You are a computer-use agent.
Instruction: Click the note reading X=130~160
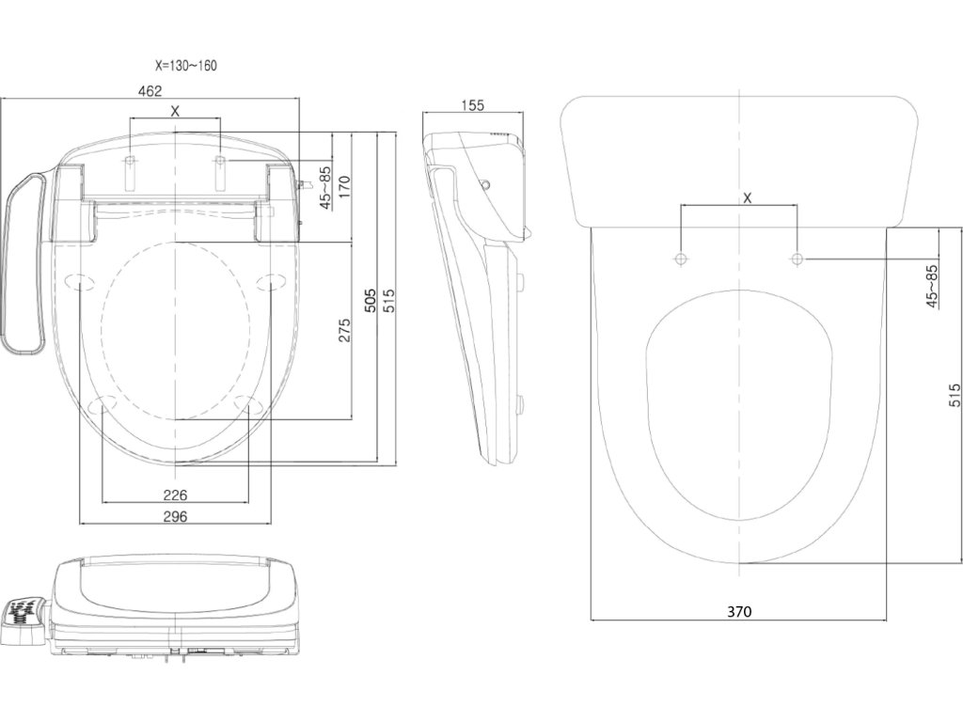pyautogui.click(x=187, y=66)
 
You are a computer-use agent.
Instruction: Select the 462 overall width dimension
pyautogui.click(x=150, y=91)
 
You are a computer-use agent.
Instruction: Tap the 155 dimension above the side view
pyautogui.click(x=473, y=105)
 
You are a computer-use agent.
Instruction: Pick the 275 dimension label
pyautogui.click(x=344, y=329)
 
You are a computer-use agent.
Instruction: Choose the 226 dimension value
pyautogui.click(x=175, y=494)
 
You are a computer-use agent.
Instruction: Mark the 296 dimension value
pyautogui.click(x=175, y=516)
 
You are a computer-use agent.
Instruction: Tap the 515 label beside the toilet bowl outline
pyautogui.click(x=954, y=395)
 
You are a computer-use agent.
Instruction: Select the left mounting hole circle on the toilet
pyautogui.click(x=680, y=258)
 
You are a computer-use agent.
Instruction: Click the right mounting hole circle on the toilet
pyautogui.click(x=797, y=258)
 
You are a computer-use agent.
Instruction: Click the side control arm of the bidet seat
pyautogui.click(x=25, y=263)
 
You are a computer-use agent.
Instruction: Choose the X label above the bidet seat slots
pyautogui.click(x=176, y=111)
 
